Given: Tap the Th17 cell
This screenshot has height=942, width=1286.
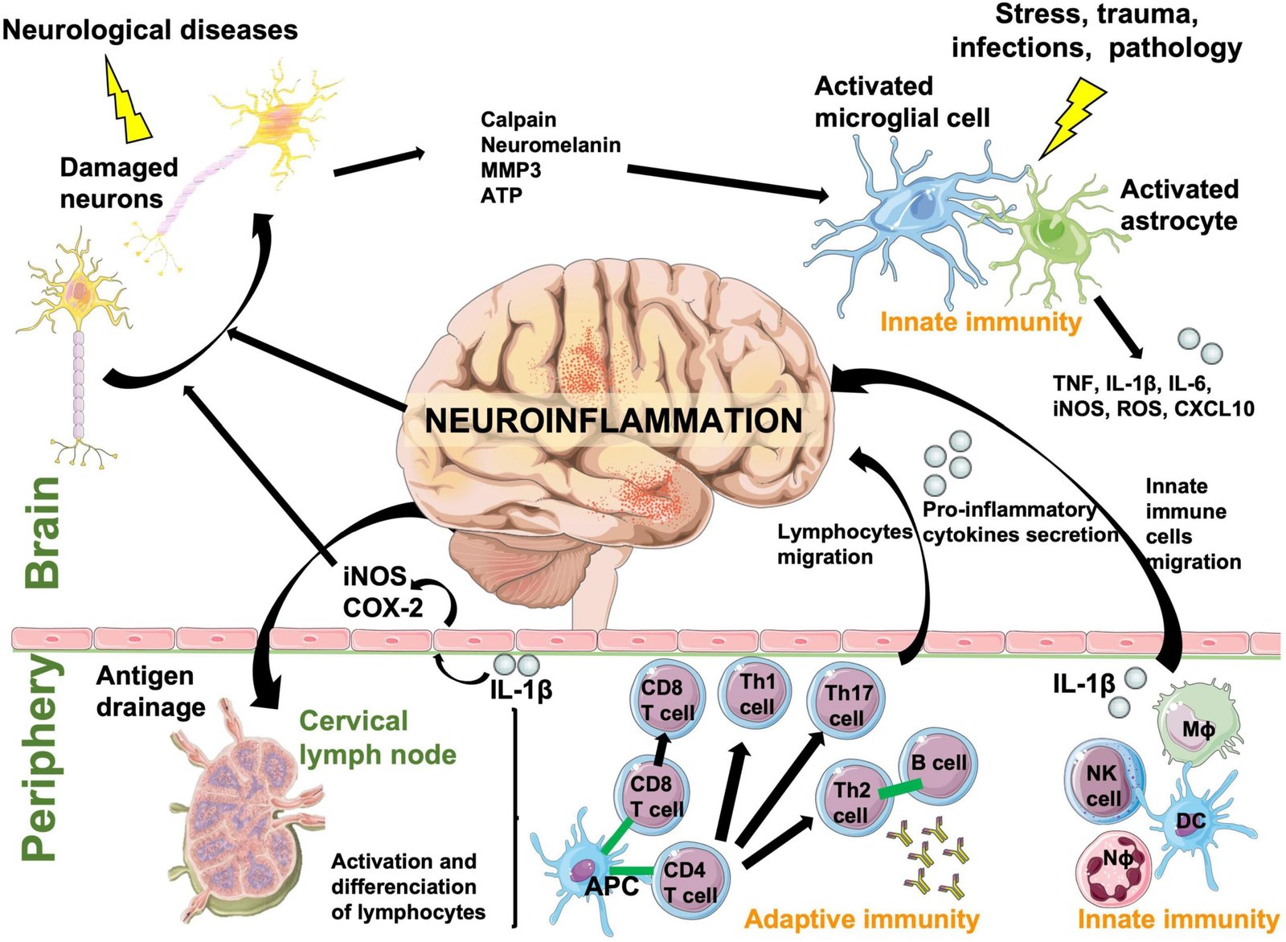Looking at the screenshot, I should click(x=847, y=704).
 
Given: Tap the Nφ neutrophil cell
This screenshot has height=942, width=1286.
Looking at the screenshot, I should click(x=1116, y=866).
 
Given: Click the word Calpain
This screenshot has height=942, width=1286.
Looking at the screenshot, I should click(x=518, y=120).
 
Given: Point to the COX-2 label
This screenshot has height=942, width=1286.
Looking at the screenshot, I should click(x=383, y=608).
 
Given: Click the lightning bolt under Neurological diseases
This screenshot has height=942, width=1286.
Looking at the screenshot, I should click(x=129, y=100).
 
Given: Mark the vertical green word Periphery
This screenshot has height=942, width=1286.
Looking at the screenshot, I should click(x=40, y=760).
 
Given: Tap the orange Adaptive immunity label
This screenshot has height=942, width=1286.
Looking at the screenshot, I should click(x=862, y=919).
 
